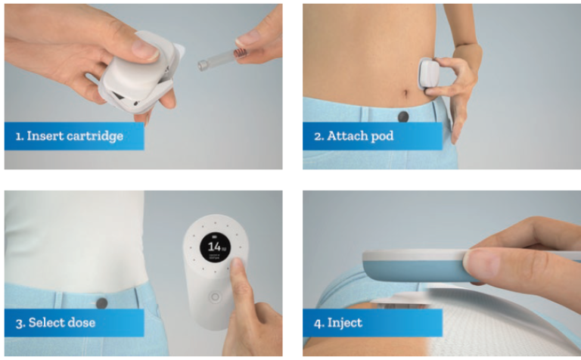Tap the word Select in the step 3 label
tap(46, 323)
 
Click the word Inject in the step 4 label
tap(346, 323)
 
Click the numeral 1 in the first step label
tap(17, 136)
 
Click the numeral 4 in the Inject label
tap(317, 323)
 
